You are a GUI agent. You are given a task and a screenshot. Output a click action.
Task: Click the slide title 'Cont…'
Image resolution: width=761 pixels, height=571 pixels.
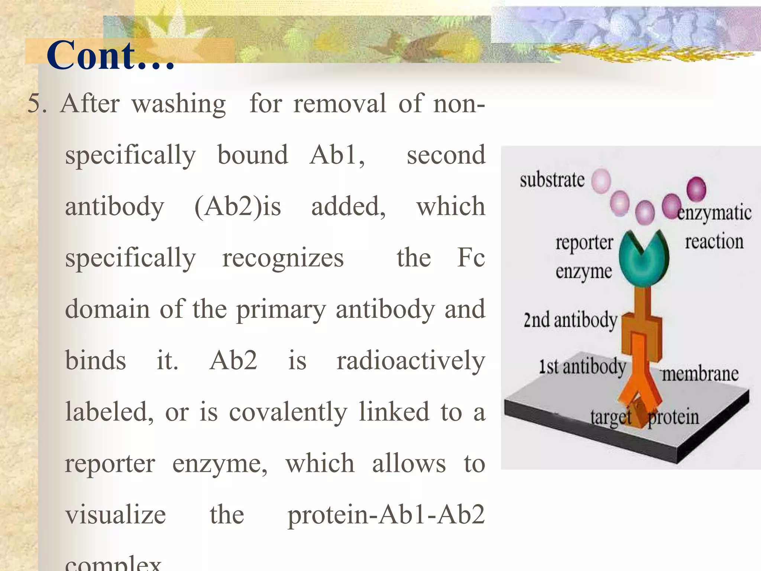click(x=110, y=56)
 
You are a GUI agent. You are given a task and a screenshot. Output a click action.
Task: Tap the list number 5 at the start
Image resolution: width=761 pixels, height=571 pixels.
click(x=37, y=103)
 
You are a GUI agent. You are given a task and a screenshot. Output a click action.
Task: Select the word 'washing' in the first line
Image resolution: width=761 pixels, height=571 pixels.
click(x=179, y=104)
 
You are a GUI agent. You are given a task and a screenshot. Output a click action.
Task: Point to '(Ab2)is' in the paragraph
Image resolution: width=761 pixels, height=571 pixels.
click(x=238, y=207)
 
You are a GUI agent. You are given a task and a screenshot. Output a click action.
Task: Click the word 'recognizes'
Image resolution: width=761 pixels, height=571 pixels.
click(x=283, y=258)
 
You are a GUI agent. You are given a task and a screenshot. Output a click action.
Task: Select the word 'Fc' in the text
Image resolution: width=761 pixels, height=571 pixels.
click(x=471, y=257)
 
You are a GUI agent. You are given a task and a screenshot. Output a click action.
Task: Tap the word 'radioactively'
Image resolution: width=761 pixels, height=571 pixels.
click(x=411, y=361)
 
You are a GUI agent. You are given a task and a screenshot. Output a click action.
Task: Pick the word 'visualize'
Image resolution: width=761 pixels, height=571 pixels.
click(x=116, y=515)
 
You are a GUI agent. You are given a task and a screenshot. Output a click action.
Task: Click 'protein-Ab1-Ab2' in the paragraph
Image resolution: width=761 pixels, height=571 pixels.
click(x=386, y=515)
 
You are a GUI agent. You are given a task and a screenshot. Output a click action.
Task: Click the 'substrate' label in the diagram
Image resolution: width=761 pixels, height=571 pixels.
click(x=552, y=180)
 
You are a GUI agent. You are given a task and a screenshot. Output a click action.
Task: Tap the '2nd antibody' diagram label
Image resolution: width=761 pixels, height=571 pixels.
click(x=570, y=320)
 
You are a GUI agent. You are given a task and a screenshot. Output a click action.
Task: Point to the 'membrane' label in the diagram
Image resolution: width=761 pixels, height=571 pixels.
click(x=700, y=374)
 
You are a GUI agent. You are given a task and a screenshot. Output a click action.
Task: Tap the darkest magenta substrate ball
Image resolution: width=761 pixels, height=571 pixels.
click(x=696, y=188)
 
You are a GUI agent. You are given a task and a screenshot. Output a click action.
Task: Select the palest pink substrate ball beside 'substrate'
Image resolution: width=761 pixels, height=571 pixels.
click(x=601, y=181)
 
